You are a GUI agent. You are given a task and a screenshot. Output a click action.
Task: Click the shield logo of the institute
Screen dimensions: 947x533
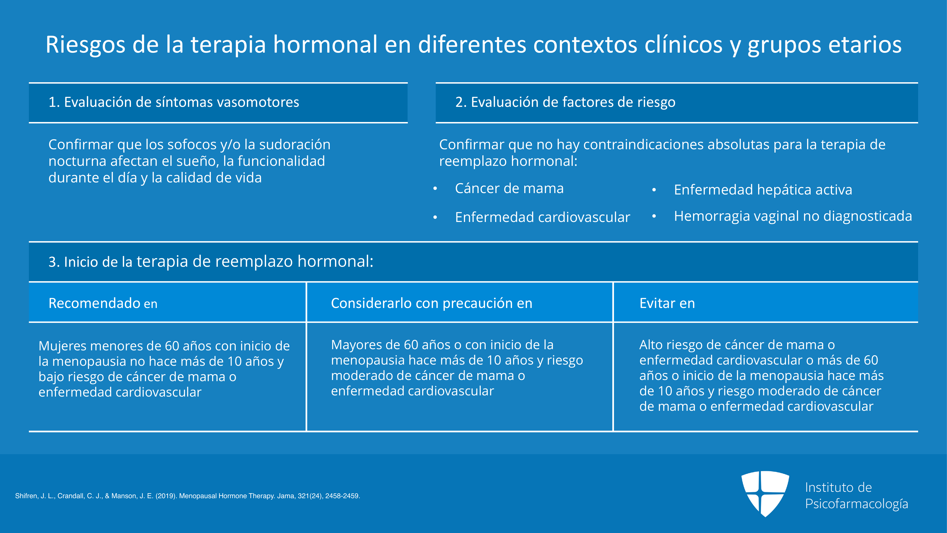[x=765, y=493]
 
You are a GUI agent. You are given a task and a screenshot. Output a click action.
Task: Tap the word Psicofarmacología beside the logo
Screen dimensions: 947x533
[x=857, y=504]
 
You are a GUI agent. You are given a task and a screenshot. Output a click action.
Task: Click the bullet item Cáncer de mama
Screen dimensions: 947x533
[x=509, y=188]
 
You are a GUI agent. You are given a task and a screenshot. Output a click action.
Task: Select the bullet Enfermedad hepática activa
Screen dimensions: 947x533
[x=763, y=190]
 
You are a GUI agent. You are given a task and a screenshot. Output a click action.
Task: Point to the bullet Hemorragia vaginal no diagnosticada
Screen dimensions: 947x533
[x=793, y=216]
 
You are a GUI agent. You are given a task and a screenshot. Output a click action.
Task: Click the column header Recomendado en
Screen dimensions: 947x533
[x=103, y=303]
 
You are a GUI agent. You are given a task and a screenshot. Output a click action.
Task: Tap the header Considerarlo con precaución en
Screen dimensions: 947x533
[x=431, y=303]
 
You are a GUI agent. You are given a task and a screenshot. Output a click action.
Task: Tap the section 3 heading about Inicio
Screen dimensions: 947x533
[x=211, y=262]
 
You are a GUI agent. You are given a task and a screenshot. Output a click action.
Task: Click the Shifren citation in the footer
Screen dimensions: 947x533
[x=187, y=496]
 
